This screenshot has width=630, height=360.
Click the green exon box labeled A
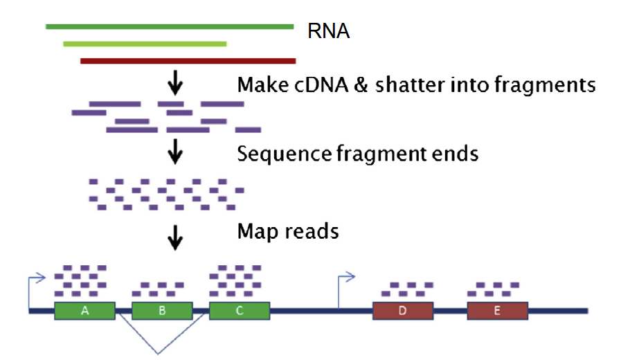pyautogui.click(x=84, y=311)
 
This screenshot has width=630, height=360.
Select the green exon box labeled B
pyautogui.click(x=162, y=311)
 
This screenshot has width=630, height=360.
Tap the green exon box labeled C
pyautogui.click(x=240, y=311)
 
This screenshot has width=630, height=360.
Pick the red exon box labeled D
pyautogui.click(x=403, y=311)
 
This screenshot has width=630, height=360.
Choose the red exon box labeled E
pyautogui.click(x=497, y=311)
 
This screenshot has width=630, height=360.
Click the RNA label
pyautogui.click(x=329, y=32)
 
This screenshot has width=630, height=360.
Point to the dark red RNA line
pyautogui.click(x=188, y=61)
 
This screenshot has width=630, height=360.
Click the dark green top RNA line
pyautogui.click(x=170, y=27)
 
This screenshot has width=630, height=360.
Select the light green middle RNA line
pyautogui.click(x=145, y=44)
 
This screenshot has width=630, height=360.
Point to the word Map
pyautogui.click(x=258, y=231)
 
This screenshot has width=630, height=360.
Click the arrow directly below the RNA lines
pyautogui.click(x=176, y=84)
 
